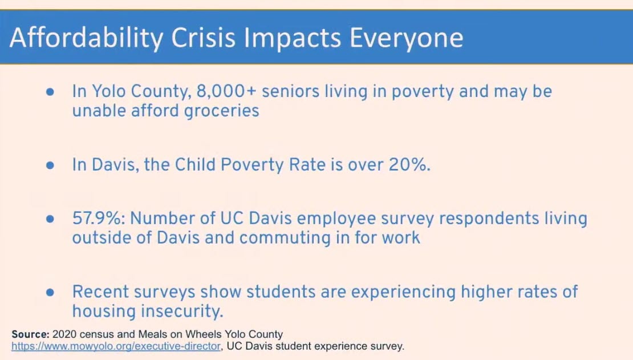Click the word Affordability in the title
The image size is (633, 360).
86,38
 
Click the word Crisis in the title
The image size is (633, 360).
203,38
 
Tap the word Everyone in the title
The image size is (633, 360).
406,38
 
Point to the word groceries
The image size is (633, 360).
222,111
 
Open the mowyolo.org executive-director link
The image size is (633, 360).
116,346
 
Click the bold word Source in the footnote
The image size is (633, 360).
30,334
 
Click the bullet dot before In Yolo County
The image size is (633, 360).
50,92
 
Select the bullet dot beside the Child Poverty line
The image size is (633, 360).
50,165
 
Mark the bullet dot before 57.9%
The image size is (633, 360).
50,219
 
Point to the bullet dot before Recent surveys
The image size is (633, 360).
50,292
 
